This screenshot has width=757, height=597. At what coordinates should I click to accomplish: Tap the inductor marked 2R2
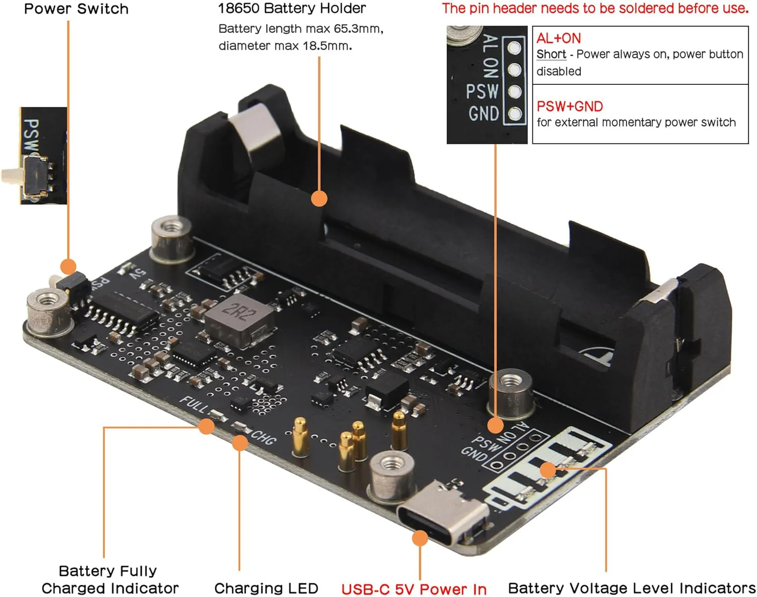click(x=239, y=320)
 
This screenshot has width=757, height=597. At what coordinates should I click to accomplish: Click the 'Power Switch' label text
click(x=76, y=9)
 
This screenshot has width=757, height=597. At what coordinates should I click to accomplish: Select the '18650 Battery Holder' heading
click(x=292, y=8)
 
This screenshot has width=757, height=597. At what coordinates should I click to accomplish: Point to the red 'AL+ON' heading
click(x=559, y=38)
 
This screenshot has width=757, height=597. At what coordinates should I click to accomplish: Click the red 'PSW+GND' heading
click(x=570, y=106)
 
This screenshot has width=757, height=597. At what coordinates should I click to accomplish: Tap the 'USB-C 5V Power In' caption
click(x=414, y=589)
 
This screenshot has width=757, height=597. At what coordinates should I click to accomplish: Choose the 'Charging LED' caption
click(x=266, y=588)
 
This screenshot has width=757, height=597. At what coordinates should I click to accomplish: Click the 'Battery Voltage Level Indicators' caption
click(x=632, y=588)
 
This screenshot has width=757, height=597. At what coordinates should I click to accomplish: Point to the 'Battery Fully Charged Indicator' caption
click(x=110, y=579)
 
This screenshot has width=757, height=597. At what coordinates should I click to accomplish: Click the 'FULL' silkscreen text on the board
click(x=194, y=405)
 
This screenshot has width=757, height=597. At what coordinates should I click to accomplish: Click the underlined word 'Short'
click(x=551, y=54)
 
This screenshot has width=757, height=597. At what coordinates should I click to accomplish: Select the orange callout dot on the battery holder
click(x=319, y=198)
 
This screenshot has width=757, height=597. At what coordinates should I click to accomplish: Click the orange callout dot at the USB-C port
click(x=420, y=538)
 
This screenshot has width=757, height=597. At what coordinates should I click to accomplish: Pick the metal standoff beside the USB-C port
click(x=391, y=476)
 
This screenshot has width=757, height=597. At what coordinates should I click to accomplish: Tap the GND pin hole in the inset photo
click(x=515, y=113)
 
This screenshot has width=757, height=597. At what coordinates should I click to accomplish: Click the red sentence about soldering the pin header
click(x=595, y=8)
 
